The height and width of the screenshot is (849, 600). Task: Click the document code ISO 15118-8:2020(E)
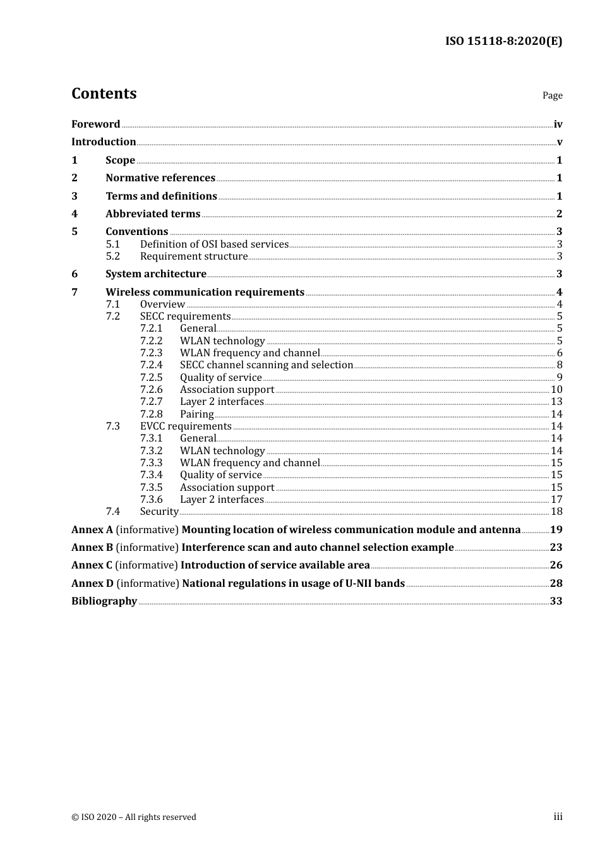[503, 41]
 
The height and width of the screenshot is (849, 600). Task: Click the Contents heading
[104, 93]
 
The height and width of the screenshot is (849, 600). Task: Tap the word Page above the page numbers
[552, 95]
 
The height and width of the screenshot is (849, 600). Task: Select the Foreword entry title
[95, 124]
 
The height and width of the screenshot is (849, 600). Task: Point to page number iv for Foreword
[558, 124]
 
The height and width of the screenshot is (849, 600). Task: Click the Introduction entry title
[104, 142]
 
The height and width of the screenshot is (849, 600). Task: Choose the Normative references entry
[160, 178]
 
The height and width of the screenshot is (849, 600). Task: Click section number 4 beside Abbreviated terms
[75, 214]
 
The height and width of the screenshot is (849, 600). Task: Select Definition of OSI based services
[214, 244]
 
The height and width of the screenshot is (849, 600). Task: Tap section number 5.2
[113, 256]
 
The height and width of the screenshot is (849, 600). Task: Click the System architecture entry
[156, 274]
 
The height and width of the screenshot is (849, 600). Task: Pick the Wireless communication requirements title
[205, 292]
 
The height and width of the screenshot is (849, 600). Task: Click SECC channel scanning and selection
[266, 365]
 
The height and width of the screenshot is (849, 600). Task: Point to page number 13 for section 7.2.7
[556, 402]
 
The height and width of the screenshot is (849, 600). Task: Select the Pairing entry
[196, 414]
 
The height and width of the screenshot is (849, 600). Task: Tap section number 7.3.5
[151, 488]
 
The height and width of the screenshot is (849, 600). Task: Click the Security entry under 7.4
[159, 512]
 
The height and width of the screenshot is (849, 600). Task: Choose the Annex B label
[92, 548]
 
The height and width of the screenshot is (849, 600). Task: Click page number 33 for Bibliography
[556, 601]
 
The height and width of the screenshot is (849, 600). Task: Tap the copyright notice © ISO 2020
[134, 817]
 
